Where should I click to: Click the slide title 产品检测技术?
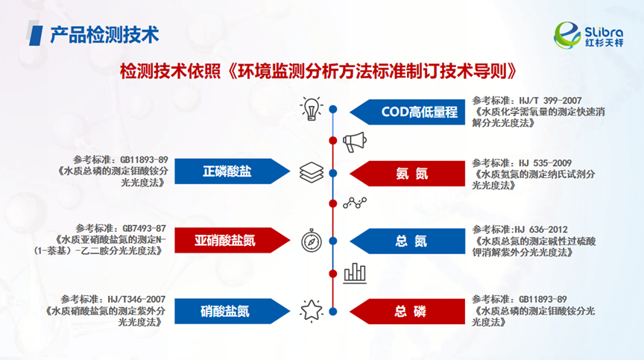[104, 34]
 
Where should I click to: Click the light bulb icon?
[310, 109]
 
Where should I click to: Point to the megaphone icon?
[353, 140]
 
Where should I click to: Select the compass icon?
[311, 241]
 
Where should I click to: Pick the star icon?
[310, 309]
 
